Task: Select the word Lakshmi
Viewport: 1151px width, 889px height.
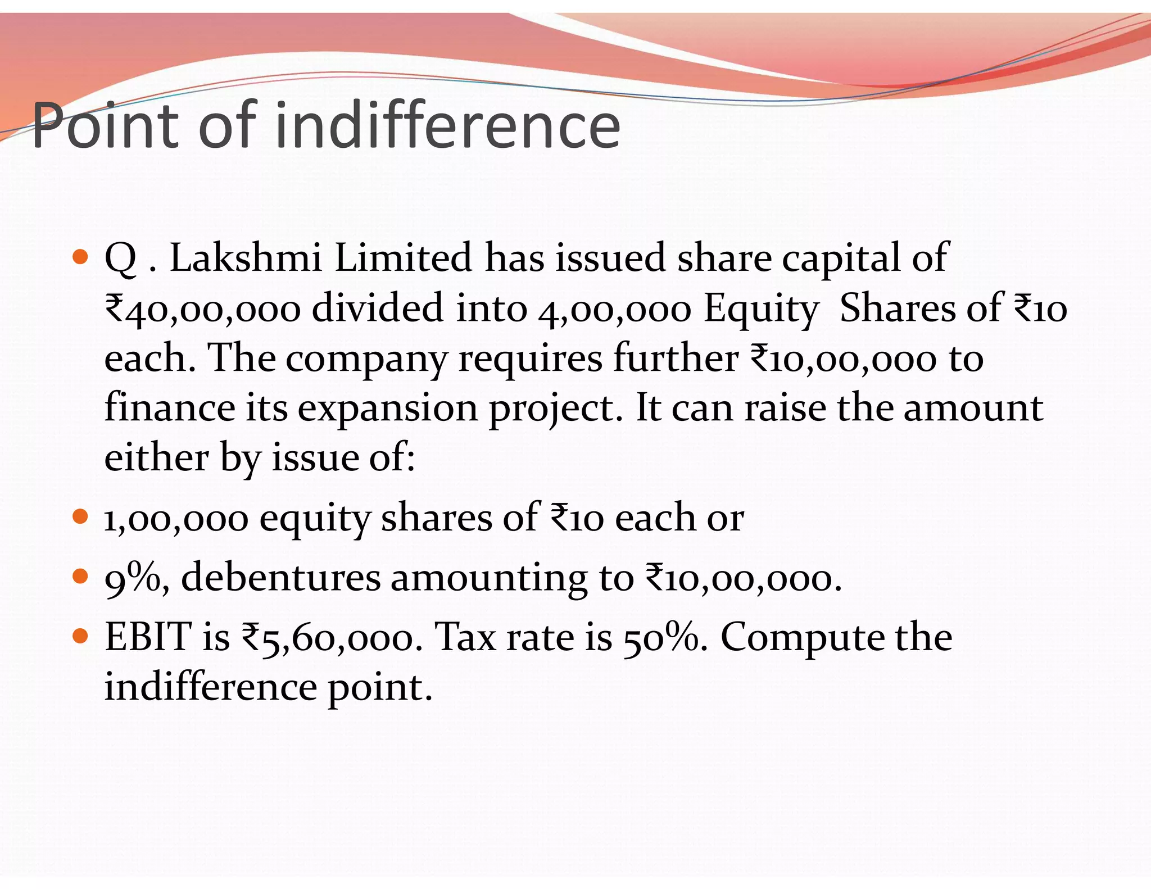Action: click(246, 258)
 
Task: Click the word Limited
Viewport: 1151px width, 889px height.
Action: click(403, 258)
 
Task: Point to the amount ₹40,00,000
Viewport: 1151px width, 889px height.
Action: click(203, 309)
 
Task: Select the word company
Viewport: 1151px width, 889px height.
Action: click(366, 359)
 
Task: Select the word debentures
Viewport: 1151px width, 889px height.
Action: click(280, 577)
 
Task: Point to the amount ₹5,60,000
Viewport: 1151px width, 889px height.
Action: click(332, 638)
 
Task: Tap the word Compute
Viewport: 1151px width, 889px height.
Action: click(801, 638)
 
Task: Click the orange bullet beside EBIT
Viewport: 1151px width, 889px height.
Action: click(81, 636)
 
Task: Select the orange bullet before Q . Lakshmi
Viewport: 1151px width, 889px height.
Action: click(81, 257)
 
